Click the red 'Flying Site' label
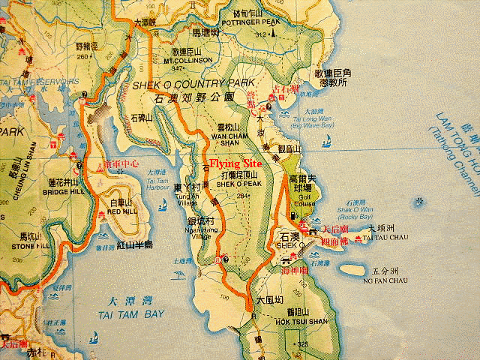click(x=235, y=163)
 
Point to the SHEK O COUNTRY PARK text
click(x=193, y=85)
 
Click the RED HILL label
click(x=122, y=212)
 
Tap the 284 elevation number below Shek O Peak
click(x=241, y=196)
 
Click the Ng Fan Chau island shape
click(x=356, y=268)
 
